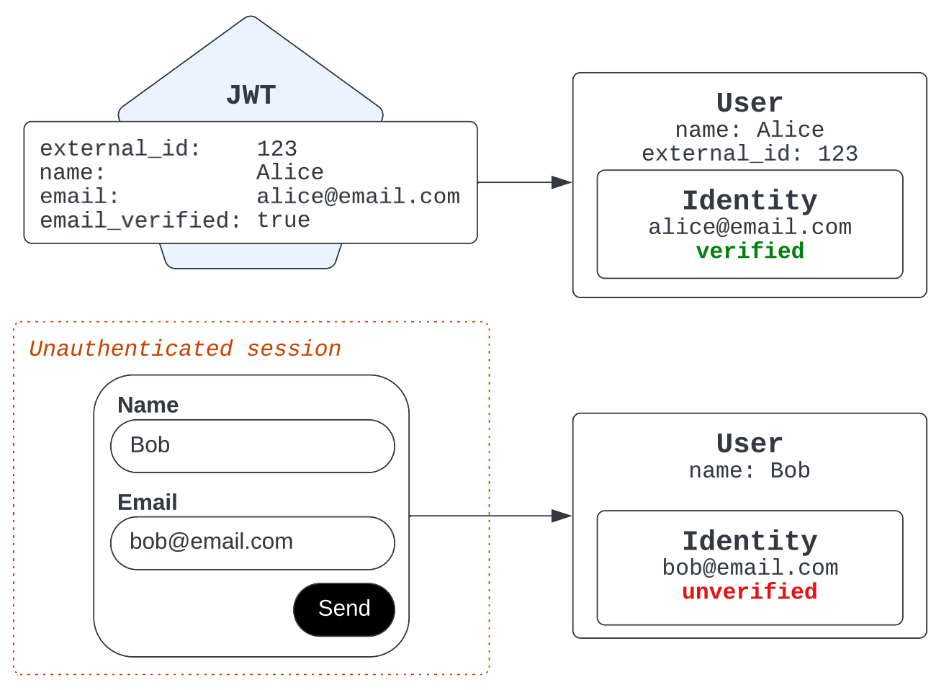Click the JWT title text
point(251,95)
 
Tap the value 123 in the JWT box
point(277,149)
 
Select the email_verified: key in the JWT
point(140,220)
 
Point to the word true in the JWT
point(284,220)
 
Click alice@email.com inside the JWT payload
point(359,197)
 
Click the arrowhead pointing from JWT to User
point(562,183)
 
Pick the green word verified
point(750,251)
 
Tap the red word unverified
point(750,591)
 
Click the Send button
point(344,610)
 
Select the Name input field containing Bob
point(253,447)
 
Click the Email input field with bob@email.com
point(253,543)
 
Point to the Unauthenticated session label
point(185,349)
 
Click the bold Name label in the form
point(148,406)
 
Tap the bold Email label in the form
point(148,502)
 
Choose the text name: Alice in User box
point(750,130)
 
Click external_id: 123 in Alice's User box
point(750,153)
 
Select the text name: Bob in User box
point(750,470)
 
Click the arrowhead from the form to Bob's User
point(562,516)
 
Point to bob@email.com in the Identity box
point(750,568)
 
